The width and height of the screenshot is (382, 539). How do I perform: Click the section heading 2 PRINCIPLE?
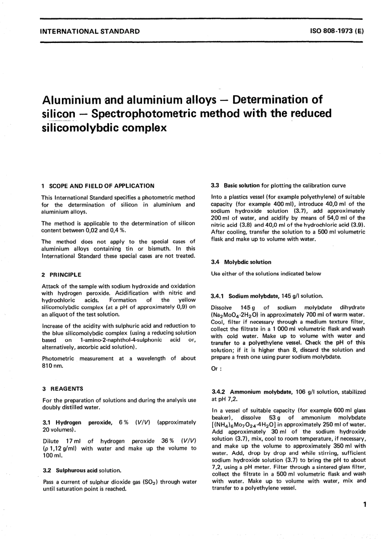point(62,275)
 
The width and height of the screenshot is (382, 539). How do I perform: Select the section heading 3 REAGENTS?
point(63,388)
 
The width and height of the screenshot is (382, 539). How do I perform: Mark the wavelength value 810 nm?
point(53,365)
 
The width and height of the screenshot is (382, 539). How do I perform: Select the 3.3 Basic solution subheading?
point(235,185)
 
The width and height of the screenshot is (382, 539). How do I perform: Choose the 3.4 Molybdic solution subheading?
point(241,262)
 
